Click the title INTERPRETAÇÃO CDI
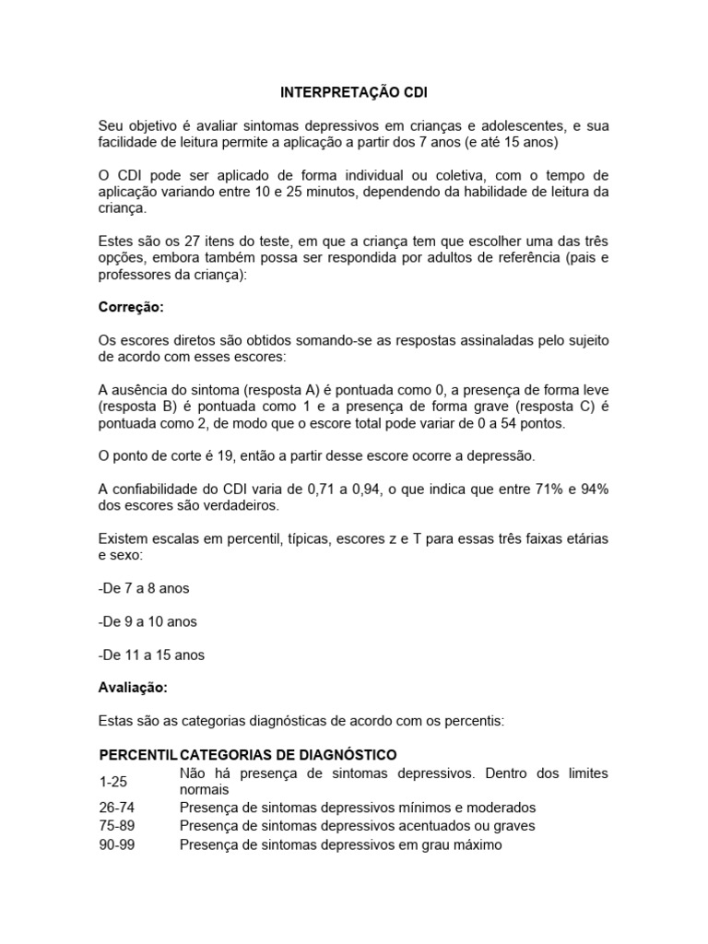[354, 93]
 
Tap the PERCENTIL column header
[137, 754]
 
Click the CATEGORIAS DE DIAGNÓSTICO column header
[289, 754]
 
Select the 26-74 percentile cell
[116, 808]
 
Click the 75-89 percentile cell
[116, 826]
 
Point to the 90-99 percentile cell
[116, 844]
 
